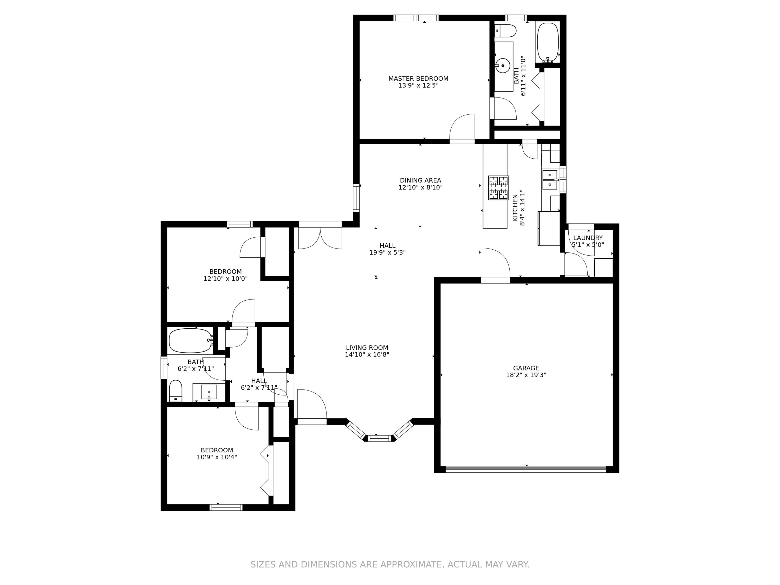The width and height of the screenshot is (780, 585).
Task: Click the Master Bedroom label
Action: pyautogui.click(x=418, y=79)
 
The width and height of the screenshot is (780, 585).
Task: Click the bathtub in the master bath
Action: pyautogui.click(x=548, y=42)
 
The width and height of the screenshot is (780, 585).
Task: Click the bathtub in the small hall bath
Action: pyautogui.click(x=190, y=341)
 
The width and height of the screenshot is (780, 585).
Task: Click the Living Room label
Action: pyautogui.click(x=367, y=348)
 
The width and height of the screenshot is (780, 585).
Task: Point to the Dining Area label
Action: pyautogui.click(x=420, y=180)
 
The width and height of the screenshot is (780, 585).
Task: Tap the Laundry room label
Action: pyautogui.click(x=588, y=238)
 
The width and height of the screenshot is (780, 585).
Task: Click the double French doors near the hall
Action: pyautogui.click(x=320, y=237)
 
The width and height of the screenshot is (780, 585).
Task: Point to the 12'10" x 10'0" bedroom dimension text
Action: pyautogui.click(x=225, y=278)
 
